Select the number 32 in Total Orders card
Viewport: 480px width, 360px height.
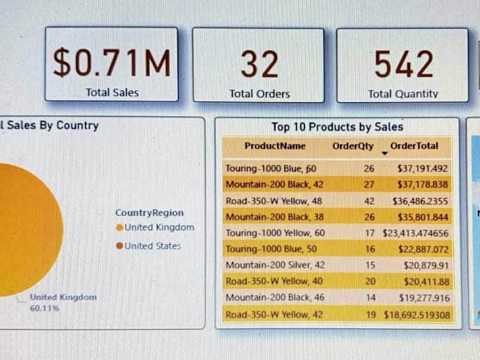(x=259, y=64)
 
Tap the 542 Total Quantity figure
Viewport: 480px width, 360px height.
(x=403, y=64)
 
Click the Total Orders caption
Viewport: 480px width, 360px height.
(x=259, y=94)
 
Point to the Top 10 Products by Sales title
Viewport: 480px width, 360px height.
(x=337, y=127)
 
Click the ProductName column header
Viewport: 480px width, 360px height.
(x=275, y=146)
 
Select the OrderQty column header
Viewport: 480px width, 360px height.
(x=353, y=146)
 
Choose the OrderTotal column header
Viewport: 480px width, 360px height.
(x=413, y=146)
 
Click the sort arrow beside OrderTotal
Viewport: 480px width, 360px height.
(x=384, y=153)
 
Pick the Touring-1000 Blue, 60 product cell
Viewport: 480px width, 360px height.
(x=271, y=168)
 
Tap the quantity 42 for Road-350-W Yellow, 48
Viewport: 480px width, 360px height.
(x=369, y=201)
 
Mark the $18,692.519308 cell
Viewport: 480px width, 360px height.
(x=416, y=315)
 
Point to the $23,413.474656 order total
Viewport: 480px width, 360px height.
(x=416, y=233)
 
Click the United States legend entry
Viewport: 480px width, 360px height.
(x=152, y=246)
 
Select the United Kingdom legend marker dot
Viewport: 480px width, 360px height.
(x=120, y=228)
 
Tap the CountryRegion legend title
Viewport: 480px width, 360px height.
(x=149, y=213)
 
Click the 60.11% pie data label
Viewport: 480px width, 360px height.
(x=45, y=309)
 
